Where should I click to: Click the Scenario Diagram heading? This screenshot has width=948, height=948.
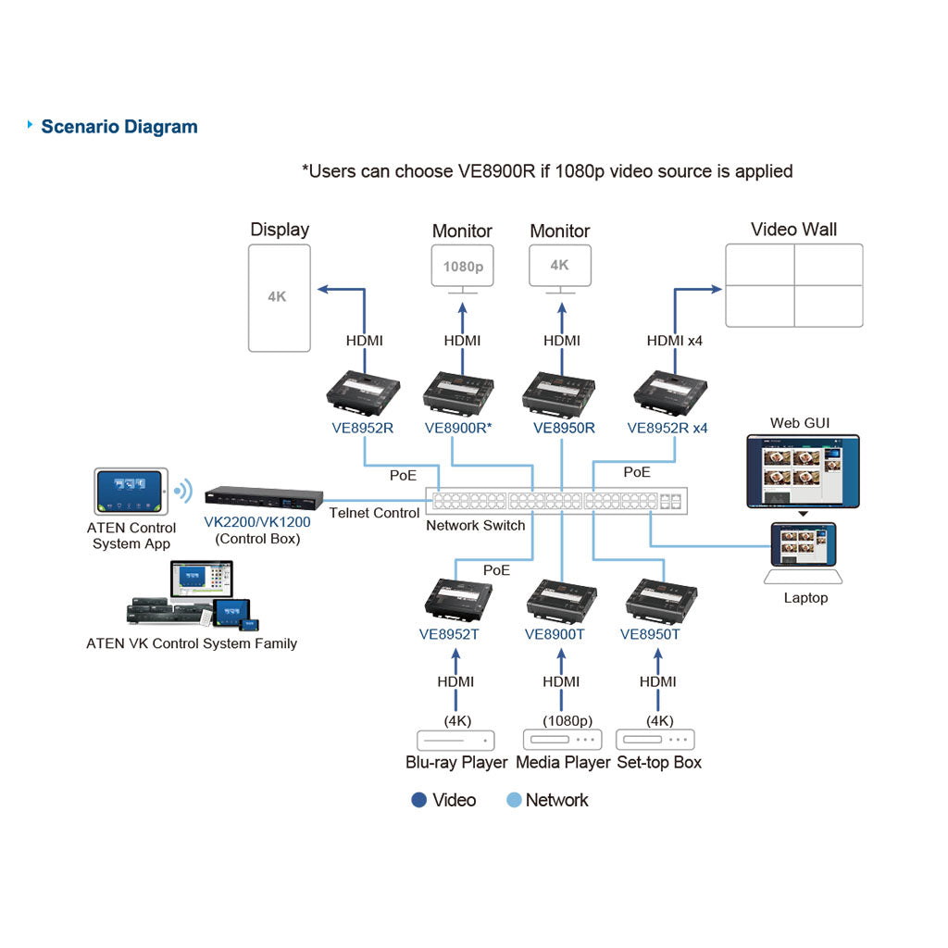(x=119, y=127)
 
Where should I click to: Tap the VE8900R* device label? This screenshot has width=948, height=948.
(x=458, y=428)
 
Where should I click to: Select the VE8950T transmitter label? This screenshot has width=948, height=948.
(x=650, y=634)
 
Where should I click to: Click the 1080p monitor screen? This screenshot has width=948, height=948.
(x=463, y=266)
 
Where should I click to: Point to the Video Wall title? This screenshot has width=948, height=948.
(x=793, y=230)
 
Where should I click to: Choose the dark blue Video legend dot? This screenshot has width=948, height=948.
(x=419, y=800)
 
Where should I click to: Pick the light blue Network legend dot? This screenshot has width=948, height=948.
(x=514, y=800)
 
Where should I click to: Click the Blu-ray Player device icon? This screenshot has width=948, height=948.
(x=455, y=741)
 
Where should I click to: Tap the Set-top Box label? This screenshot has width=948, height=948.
(x=659, y=763)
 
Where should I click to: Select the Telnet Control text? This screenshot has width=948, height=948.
(x=374, y=513)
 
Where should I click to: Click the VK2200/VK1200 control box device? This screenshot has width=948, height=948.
(x=264, y=497)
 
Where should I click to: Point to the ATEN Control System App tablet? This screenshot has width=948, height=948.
(x=131, y=492)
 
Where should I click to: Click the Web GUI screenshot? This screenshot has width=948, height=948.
(x=803, y=471)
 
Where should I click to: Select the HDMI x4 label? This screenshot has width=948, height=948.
(x=675, y=341)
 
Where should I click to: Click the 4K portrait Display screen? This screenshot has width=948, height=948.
(x=280, y=297)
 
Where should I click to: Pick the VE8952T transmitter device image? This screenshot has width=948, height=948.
(x=458, y=599)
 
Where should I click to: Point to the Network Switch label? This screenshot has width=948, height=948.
(x=476, y=526)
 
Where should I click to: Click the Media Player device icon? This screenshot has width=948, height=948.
(x=562, y=740)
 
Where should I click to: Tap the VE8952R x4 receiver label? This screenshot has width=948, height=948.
(x=667, y=428)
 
